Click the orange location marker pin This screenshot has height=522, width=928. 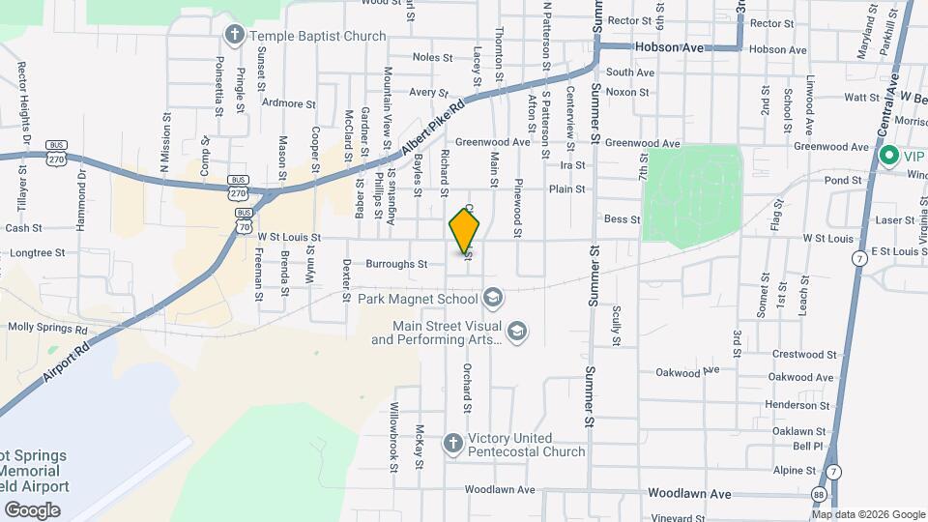click(465, 231)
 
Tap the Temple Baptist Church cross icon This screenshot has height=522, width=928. click(233, 36)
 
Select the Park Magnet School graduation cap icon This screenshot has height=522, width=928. click(492, 297)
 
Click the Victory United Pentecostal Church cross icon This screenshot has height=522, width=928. click(451, 444)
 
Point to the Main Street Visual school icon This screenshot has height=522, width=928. click(517, 332)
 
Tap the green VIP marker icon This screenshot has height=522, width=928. click(888, 156)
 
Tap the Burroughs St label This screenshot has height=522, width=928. click(396, 263)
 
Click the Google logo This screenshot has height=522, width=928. click(32, 510)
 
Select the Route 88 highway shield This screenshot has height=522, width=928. click(819, 495)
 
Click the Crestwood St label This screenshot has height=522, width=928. click(797, 355)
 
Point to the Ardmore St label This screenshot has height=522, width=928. click(289, 102)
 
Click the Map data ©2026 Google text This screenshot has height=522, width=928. click(868, 514)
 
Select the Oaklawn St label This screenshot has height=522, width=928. click(797, 431)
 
